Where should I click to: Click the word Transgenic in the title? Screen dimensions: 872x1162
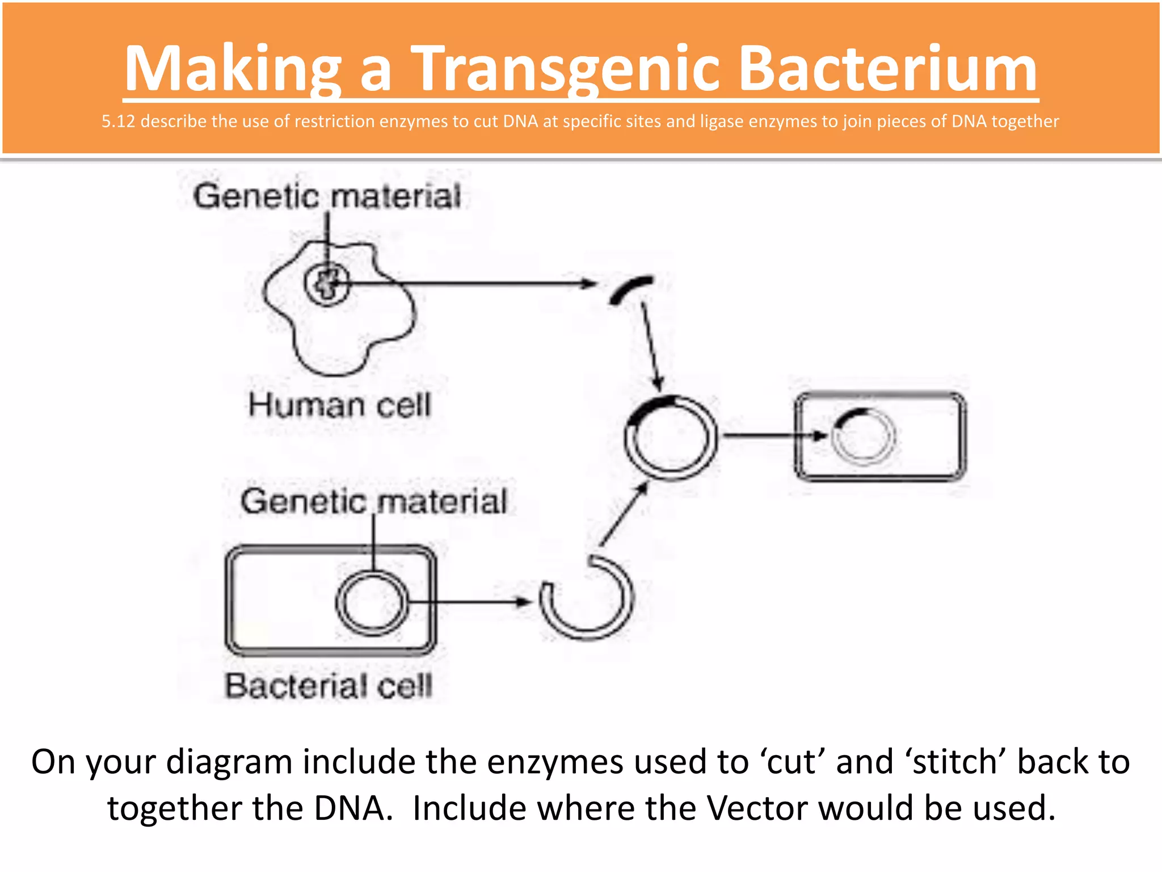point(567,69)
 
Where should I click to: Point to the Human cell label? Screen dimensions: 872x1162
point(339,405)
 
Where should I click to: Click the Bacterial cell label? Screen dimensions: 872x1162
point(329,685)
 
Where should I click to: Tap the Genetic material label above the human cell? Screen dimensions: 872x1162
point(327,196)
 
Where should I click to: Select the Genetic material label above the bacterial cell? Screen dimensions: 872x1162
point(373,502)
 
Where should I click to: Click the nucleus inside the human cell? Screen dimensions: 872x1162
point(327,284)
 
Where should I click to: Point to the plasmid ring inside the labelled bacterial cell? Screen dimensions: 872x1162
point(372,602)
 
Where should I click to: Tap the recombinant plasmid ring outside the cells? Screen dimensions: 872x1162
point(671,438)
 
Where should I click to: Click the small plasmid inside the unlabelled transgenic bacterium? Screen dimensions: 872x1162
point(863,437)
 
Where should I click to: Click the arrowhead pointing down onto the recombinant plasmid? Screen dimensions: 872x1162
point(658,384)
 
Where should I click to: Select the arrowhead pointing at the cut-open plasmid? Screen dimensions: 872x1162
point(521,602)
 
